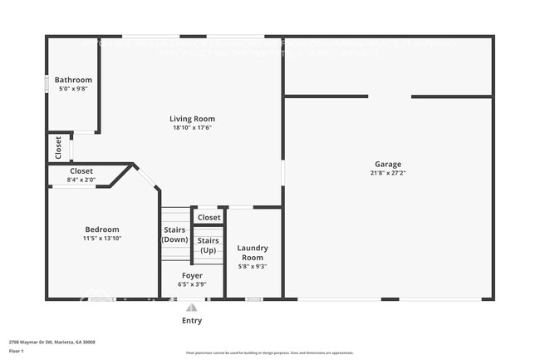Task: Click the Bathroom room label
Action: (x=73, y=80)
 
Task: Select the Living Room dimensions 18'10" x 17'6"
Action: (x=193, y=127)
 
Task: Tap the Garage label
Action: (x=387, y=164)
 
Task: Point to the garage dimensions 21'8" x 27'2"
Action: (x=387, y=173)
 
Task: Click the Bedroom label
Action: (x=102, y=229)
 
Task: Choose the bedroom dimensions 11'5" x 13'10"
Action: (x=102, y=239)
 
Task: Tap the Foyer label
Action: (x=192, y=275)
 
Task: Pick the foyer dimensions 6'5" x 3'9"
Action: (x=192, y=284)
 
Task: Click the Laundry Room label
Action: (x=252, y=253)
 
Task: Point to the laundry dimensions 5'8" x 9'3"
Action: (x=252, y=267)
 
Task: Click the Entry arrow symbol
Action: (x=192, y=307)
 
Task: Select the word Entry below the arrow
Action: (x=192, y=320)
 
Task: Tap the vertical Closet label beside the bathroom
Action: (x=58, y=147)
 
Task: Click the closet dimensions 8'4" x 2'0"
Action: (x=81, y=180)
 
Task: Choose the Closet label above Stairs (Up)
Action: (x=209, y=218)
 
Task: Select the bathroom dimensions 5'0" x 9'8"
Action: (x=73, y=89)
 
